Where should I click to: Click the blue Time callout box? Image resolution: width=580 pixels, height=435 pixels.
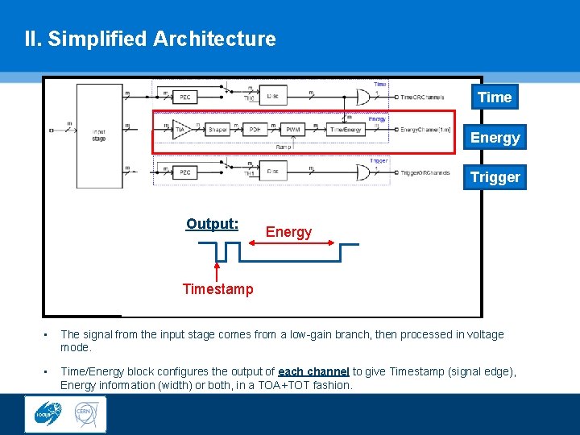tap(495, 97)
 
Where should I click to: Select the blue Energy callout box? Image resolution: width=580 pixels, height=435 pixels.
tap(495, 138)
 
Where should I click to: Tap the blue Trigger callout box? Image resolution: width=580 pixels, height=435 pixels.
tap(495, 177)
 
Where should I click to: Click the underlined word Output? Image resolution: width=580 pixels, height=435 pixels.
tap(212, 224)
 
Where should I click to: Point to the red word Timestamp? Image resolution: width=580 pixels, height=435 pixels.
tap(217, 289)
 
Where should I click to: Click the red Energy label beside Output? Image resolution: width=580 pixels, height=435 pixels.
tap(288, 232)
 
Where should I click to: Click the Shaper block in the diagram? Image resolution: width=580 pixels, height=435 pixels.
tap(218, 129)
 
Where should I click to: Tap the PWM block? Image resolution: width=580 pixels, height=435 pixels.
tap(293, 129)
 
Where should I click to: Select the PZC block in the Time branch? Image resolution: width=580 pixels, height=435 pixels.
tap(185, 97)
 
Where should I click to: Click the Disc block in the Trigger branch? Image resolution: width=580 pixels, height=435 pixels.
tap(272, 172)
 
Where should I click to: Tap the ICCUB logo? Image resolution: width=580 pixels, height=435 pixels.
tap(46, 414)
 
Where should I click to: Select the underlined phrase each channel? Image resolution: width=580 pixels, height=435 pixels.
tap(313, 371)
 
